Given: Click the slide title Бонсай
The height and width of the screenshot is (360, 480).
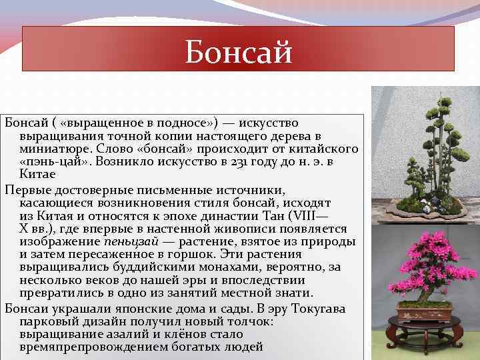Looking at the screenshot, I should [238, 51].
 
